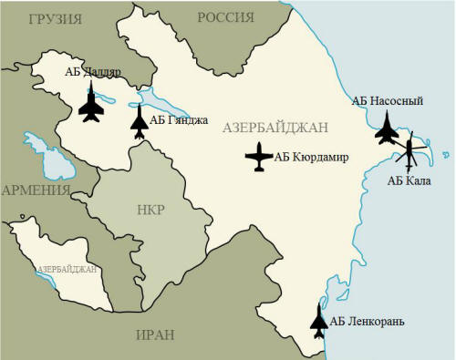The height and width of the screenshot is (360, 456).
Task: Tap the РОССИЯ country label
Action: pyautogui.click(x=225, y=18)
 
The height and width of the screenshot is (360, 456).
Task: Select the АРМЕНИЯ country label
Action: pyautogui.click(x=37, y=190)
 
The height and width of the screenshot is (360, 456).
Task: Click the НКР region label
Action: pyautogui.click(x=149, y=211)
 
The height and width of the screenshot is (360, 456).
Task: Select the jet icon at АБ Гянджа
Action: pyautogui.click(x=139, y=122)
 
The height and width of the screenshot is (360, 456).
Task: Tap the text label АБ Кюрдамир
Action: pyautogui.click(x=312, y=157)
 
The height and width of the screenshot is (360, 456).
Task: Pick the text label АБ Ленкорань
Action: pyautogui.click(x=367, y=321)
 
